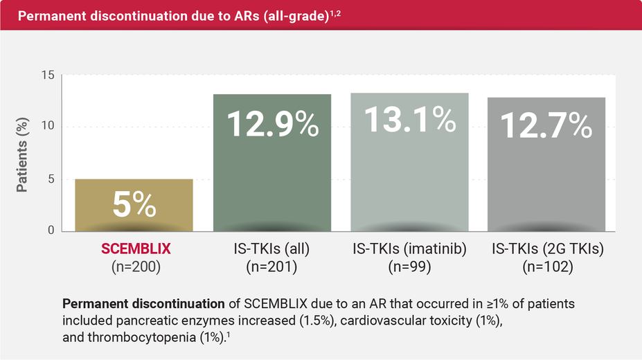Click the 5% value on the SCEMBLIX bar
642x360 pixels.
[x=134, y=206]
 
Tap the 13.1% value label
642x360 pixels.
[x=410, y=120]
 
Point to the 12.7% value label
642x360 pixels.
[x=546, y=125]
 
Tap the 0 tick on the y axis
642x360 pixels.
[x=51, y=231]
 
